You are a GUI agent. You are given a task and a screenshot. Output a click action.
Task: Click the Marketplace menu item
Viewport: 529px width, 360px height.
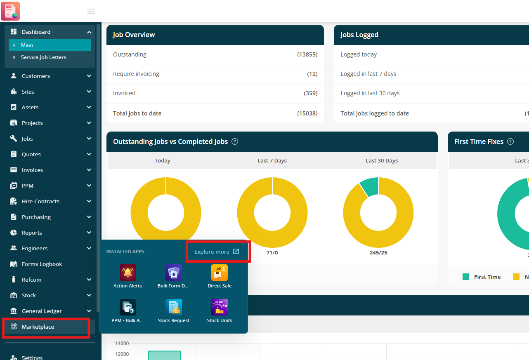38,327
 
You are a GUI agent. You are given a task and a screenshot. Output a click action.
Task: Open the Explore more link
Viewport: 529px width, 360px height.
217,252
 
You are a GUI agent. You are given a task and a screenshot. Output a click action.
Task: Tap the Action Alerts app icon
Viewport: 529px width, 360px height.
128,273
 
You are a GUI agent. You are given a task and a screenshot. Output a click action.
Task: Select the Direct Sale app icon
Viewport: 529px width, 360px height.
220,273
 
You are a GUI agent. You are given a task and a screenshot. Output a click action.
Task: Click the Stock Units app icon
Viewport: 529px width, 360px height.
220,307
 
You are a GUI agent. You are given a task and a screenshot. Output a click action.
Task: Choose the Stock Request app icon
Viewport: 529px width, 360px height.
174,307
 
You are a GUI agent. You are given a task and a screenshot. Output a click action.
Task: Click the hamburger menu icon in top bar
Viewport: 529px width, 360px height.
91,11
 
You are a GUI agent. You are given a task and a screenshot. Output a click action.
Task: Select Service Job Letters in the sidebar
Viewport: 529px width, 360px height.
43,57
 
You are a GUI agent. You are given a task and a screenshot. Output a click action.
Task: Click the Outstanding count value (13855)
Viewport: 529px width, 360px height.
307,54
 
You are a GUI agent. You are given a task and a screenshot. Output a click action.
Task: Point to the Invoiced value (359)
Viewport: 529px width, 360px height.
310,93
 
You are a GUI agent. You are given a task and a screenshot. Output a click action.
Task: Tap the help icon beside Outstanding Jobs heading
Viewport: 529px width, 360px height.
235,141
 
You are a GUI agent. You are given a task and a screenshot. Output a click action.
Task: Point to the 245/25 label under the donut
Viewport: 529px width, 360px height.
378,253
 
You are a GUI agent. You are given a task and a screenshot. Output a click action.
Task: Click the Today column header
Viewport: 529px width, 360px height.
163,160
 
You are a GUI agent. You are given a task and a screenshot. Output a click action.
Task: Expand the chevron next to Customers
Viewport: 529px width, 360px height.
89,76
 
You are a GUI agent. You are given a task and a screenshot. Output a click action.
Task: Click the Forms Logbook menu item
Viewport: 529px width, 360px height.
42,264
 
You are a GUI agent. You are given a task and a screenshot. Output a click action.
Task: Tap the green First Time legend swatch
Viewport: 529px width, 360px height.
466,277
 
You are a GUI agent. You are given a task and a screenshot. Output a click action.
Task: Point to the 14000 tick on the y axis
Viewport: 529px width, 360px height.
122,343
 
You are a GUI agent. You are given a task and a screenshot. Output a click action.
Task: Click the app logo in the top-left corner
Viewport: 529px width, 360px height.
10,11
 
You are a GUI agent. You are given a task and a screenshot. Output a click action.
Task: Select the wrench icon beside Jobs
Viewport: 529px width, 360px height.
14,138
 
